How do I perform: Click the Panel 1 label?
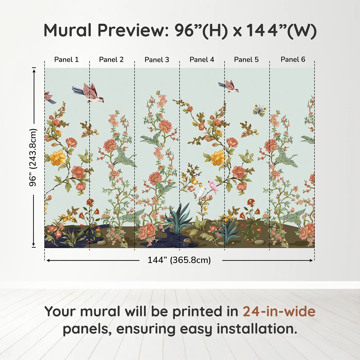point(66,59)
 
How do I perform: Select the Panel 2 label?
point(111,59)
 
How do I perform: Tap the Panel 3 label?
point(157,60)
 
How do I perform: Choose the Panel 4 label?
point(202,59)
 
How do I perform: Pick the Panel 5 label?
point(246,59)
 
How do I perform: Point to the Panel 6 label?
point(293,59)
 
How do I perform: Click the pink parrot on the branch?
point(213,186)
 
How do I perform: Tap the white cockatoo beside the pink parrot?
point(201,193)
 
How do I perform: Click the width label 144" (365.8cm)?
point(179,260)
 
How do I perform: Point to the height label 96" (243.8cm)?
point(33,157)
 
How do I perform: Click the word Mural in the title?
point(67,30)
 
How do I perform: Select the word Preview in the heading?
point(133,30)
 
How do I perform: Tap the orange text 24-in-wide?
point(279,311)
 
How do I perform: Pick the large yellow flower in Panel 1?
point(58,158)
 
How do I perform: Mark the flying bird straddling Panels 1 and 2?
point(89,93)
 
